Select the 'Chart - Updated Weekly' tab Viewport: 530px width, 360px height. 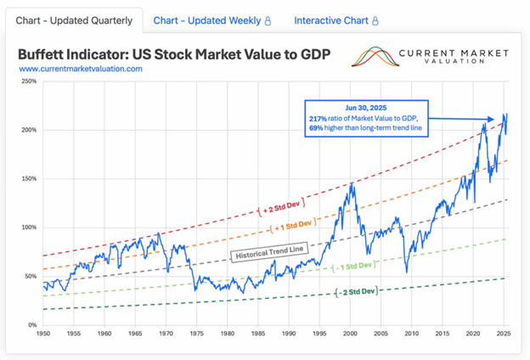pos(211,20)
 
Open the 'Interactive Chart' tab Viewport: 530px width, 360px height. pos(335,20)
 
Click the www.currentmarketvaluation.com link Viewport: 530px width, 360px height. pos(80,69)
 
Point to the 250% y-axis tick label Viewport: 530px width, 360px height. pos(28,82)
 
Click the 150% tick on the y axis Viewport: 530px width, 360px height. pos(28,179)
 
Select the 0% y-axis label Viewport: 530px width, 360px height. pos(31,325)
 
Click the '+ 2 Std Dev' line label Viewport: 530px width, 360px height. pos(280,205)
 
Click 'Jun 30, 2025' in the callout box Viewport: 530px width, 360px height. pos(366,108)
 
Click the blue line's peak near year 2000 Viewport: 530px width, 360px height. pos(350,183)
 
